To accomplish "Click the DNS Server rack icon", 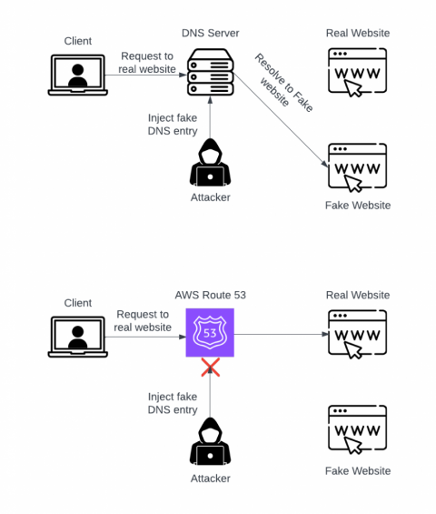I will coord(210,74).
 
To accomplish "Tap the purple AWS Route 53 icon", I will coord(210,333).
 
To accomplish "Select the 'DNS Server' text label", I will coord(210,34).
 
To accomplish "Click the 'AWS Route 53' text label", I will coord(210,295).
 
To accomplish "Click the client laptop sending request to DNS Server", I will coord(78,75).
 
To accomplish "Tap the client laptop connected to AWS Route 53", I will coord(78,336).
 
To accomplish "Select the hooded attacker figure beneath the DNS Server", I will coord(210,164).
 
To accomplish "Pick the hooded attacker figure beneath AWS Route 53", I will coord(210,442).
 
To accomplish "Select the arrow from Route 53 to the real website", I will coord(282,334).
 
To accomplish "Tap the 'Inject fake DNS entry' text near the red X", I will coord(172,403).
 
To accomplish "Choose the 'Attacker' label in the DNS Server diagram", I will coord(210,197).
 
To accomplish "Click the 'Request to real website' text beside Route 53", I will coord(143,320).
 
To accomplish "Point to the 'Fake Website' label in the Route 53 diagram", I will coord(357,470).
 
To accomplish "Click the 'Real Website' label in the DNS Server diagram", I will coord(357,34).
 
